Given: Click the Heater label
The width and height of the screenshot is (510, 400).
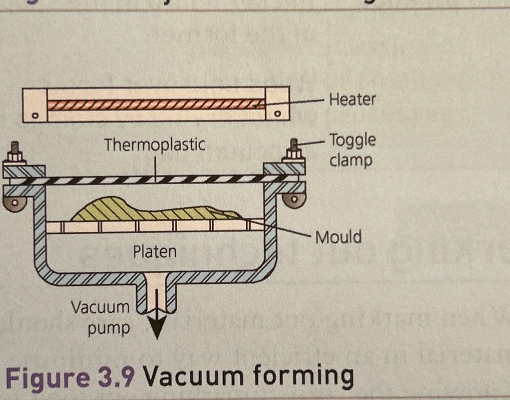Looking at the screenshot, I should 352,99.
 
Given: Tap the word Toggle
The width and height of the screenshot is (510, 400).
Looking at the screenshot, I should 352,141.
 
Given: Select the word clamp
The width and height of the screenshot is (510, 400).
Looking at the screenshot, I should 351,160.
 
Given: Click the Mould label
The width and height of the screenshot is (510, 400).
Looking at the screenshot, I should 338,237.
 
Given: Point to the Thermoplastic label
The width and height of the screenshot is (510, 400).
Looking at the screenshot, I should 154,145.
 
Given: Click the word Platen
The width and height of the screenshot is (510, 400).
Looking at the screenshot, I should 154,252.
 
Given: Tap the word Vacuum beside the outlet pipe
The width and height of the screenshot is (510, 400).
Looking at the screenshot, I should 100,307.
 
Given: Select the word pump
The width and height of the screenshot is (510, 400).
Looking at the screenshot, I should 109,328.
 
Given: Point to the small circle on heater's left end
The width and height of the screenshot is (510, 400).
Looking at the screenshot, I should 35,115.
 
